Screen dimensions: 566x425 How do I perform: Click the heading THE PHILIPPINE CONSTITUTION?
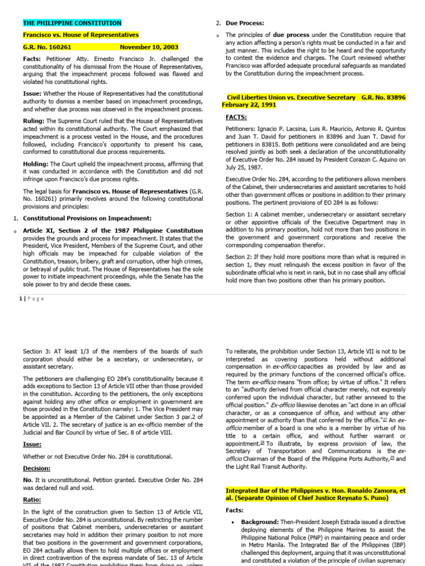coord(72,23)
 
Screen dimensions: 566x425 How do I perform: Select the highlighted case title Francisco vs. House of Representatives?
coord(81,35)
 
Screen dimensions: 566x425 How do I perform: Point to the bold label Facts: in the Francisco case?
coord(33,59)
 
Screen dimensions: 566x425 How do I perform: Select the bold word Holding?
coord(36,164)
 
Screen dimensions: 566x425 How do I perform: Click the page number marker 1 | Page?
coord(33,298)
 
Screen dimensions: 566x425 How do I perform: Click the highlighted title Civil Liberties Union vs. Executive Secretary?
coord(291,97)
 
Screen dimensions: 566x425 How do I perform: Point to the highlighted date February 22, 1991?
coord(249,104)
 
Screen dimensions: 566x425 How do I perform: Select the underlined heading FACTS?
coord(236,118)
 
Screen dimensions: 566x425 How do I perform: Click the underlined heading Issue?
coord(32,444)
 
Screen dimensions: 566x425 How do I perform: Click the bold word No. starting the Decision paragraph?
coord(28,480)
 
